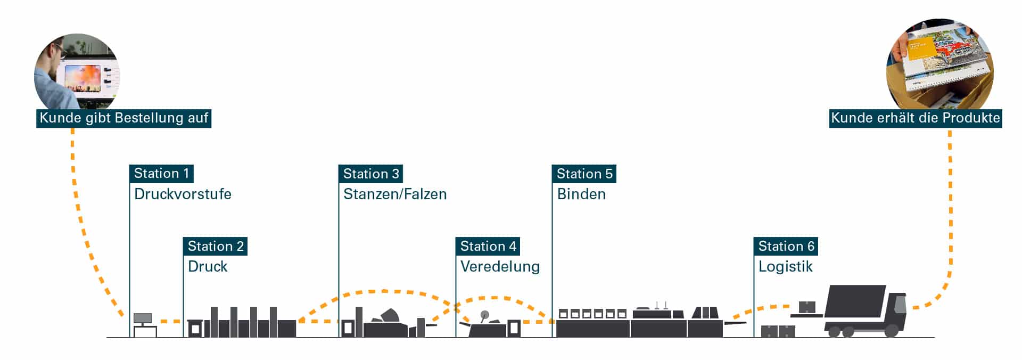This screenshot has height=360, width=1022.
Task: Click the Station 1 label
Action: [161, 174]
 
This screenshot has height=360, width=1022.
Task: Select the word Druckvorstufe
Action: [183, 194]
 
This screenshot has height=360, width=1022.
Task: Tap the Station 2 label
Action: [215, 246]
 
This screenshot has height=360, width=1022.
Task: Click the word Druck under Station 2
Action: [208, 266]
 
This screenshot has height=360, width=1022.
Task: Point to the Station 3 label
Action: [370, 174]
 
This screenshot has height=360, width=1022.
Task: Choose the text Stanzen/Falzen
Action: [394, 194]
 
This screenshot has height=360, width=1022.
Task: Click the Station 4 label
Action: [488, 246]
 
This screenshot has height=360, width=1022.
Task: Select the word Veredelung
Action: [500, 266]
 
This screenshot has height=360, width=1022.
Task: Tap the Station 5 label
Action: [584, 174]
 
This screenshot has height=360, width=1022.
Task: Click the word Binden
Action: [581, 194]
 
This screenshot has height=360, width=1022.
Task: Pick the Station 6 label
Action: [786, 246]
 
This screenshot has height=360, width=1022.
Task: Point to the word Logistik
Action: [785, 266]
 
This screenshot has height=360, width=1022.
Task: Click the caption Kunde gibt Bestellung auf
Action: [123, 118]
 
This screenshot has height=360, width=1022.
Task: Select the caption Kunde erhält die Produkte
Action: [916, 118]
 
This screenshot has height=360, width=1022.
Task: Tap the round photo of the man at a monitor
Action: [77, 72]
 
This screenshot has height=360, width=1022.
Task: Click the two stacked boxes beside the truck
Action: [778, 331]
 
